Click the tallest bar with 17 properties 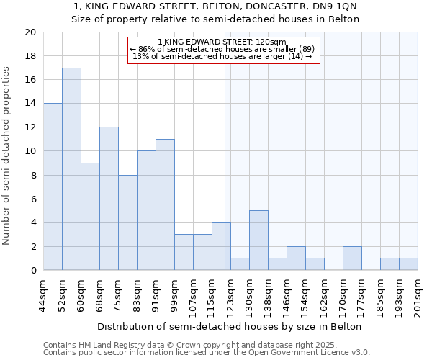pyautogui.click(x=71, y=169)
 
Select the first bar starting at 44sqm pyautogui.click(x=53, y=187)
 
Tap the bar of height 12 pyautogui.click(x=109, y=199)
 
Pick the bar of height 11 pyautogui.click(x=165, y=204)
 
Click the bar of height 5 pyautogui.click(x=258, y=240)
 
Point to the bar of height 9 pyautogui.click(x=90, y=217)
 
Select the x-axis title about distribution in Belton pyautogui.click(x=230, y=326)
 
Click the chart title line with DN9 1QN pyautogui.click(x=215, y=6)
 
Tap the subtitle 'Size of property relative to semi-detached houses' pyautogui.click(x=215, y=19)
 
